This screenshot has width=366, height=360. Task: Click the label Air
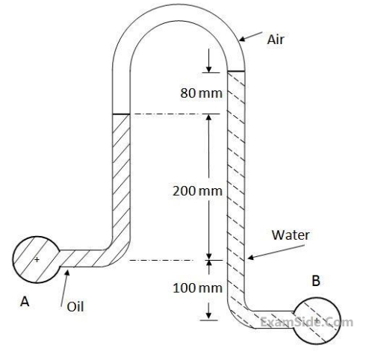click(x=275, y=40)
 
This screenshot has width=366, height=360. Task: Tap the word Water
click(x=291, y=235)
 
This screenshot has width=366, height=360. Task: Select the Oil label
click(x=75, y=306)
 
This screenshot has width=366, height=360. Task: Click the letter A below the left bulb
click(x=25, y=302)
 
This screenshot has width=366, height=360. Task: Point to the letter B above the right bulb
click(x=316, y=281)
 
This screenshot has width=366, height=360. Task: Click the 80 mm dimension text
click(x=201, y=93)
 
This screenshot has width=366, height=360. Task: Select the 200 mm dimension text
click(x=197, y=191)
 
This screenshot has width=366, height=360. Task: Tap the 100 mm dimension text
click(x=197, y=288)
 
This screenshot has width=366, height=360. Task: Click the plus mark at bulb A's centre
click(x=37, y=260)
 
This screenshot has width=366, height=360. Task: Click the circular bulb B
click(x=317, y=321)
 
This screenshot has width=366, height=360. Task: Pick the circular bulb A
click(x=37, y=260)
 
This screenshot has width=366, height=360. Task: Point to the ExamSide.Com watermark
click(x=307, y=322)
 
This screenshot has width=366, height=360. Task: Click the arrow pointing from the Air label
click(x=250, y=37)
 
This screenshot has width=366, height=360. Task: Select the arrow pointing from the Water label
click(x=276, y=252)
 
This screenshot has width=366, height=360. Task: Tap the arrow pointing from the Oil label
click(x=64, y=288)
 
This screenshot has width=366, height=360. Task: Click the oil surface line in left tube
click(x=121, y=114)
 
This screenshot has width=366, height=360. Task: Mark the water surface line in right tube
click(x=236, y=72)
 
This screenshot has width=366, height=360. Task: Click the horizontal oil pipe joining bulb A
click(x=84, y=258)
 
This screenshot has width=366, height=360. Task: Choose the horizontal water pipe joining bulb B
click(x=274, y=320)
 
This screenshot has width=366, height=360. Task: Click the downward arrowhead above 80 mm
click(x=208, y=69)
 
